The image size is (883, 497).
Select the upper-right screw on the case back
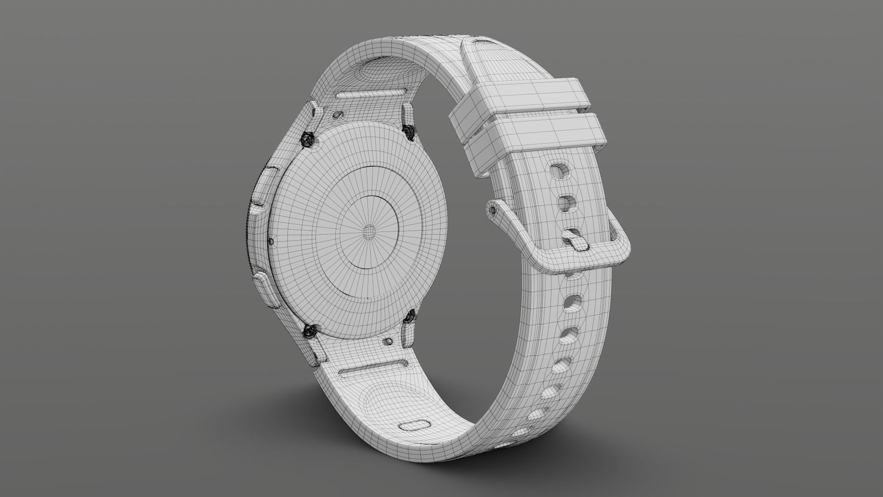tap(408, 130)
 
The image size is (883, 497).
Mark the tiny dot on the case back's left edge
tap(271, 241)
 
